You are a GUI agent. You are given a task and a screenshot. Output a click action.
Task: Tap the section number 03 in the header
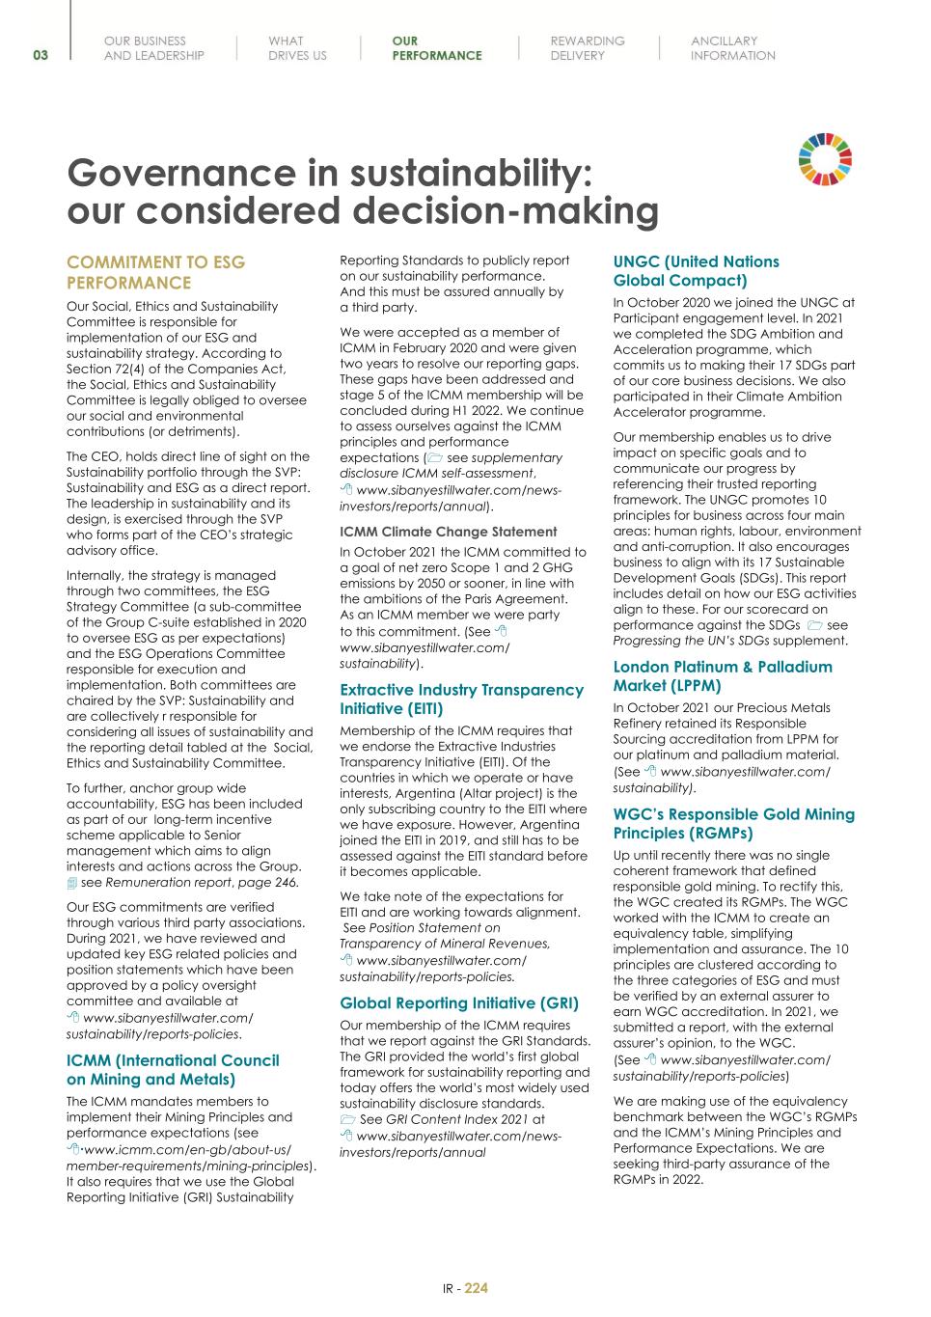(x=40, y=55)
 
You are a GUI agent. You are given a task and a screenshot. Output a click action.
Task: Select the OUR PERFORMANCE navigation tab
(x=436, y=48)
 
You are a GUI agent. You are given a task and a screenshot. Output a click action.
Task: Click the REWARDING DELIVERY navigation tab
(x=587, y=48)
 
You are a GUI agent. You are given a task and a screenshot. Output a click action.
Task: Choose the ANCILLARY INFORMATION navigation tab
(x=732, y=48)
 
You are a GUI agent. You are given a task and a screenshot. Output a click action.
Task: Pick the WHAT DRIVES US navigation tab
(x=297, y=48)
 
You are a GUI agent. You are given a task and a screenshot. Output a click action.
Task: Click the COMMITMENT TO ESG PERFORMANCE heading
(x=155, y=272)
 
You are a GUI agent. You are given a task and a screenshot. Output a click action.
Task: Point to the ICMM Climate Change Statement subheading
(x=449, y=532)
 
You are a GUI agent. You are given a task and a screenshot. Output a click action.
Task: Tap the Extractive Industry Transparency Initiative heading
(x=461, y=700)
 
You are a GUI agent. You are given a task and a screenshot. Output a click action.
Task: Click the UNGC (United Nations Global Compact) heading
(x=696, y=271)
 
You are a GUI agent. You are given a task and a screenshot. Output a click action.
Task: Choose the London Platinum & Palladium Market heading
(x=722, y=676)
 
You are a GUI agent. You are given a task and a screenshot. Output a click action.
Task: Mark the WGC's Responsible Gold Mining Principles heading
(x=733, y=824)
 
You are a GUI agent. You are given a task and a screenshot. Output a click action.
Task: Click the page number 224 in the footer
(x=477, y=1288)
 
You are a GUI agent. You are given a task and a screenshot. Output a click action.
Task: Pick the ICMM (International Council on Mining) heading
(x=173, y=1070)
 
